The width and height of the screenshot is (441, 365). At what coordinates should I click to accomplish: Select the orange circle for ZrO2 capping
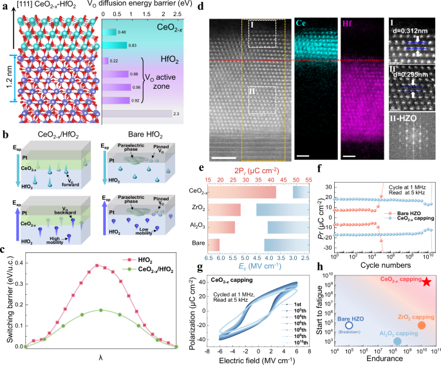pos(422,325)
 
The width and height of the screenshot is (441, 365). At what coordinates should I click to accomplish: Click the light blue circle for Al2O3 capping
pos(397,341)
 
